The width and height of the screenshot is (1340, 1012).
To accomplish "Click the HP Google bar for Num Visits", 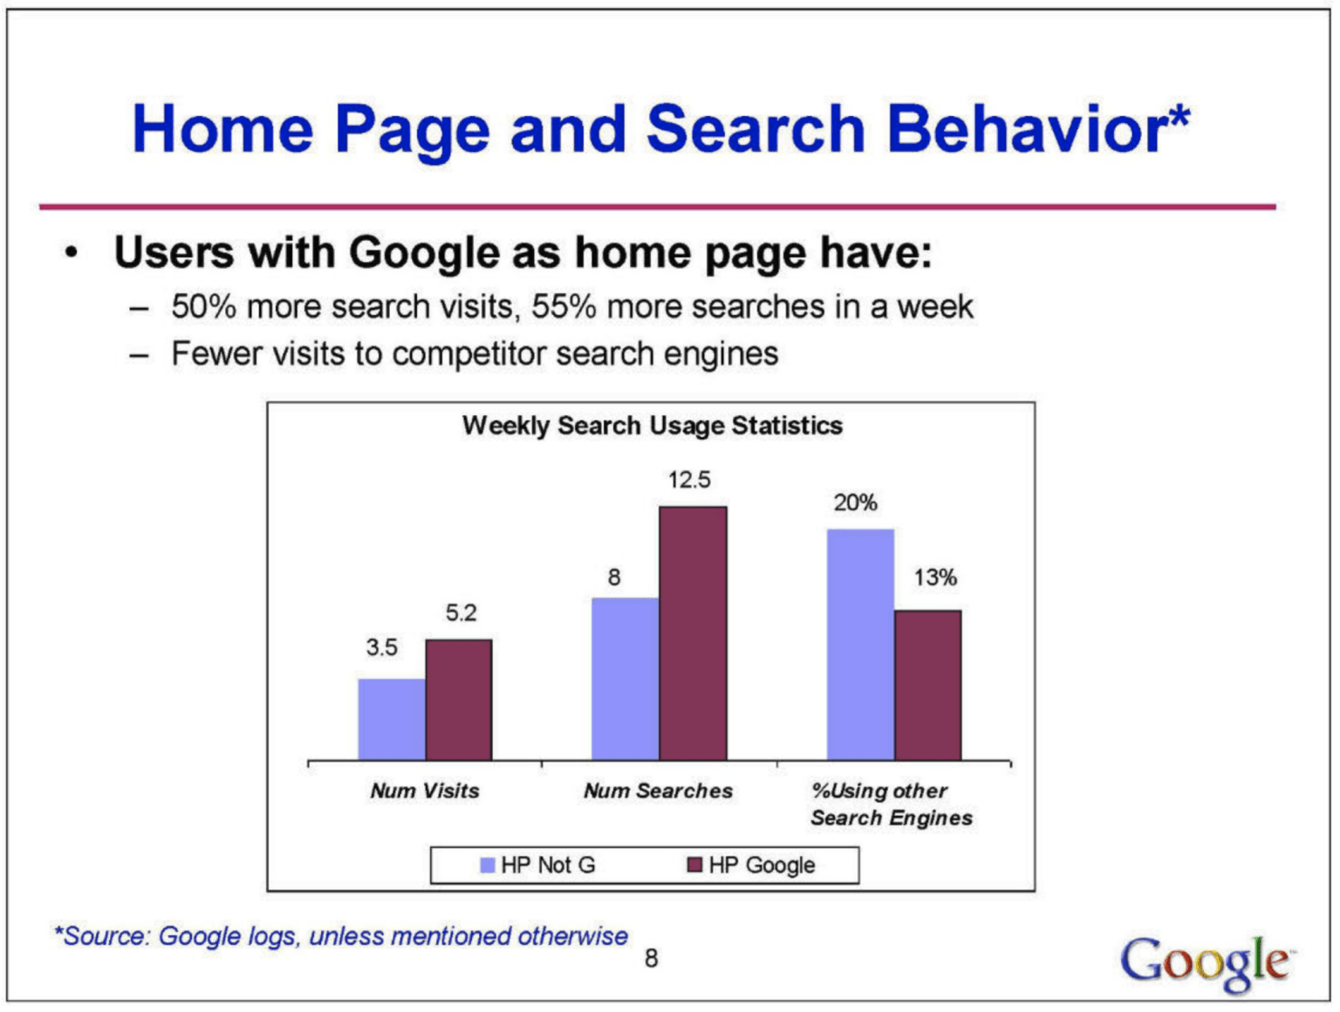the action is coord(459,700).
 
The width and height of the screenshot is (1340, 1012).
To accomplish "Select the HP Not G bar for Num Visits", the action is coord(392,720).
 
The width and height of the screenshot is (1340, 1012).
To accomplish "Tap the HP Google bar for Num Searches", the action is coord(693,633).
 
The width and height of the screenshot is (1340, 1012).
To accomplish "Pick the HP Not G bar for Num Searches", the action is coord(626,680).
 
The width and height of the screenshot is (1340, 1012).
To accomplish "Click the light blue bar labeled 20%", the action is coord(861,645).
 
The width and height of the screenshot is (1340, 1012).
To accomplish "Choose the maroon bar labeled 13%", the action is coord(928,686).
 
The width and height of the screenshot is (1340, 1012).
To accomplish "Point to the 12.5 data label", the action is coord(689,481).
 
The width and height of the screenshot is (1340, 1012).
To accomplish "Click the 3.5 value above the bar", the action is coord(381,647).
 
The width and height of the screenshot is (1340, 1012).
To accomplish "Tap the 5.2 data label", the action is coord(461,612).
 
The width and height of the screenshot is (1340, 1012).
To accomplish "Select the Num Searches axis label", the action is coord(658,791).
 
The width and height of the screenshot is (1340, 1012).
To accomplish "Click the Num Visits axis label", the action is coord(425,791).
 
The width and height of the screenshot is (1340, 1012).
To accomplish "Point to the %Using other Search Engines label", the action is coord(892,804).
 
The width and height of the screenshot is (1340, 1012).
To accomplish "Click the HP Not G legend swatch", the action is coord(487,865).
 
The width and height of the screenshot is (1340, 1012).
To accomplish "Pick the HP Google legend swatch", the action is coord(694,865).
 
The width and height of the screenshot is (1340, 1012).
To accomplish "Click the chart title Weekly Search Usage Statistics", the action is coord(652,426).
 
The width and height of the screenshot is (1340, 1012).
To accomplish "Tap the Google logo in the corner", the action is coord(1206,964).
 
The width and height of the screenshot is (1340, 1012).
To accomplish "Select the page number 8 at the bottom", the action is coord(652,959).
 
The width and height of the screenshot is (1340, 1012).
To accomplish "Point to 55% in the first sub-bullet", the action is coord(564,307).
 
